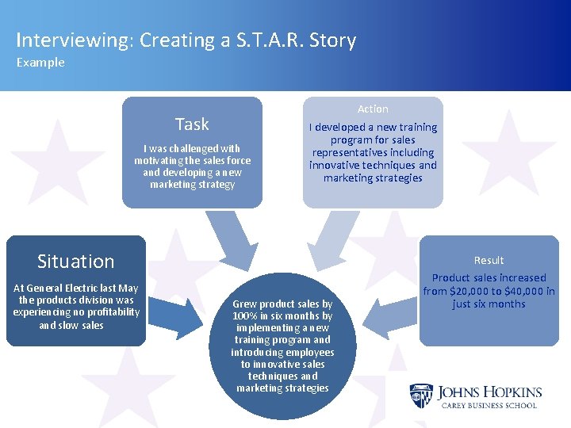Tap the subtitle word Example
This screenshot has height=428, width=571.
(40, 63)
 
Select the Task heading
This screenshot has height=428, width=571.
(192, 124)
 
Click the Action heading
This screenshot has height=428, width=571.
(373, 109)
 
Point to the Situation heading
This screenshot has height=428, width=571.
(76, 262)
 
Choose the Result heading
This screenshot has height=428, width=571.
(489, 260)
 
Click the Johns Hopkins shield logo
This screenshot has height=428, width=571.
(420, 396)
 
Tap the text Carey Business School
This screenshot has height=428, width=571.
(488, 405)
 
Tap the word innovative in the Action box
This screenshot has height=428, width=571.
(339, 165)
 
